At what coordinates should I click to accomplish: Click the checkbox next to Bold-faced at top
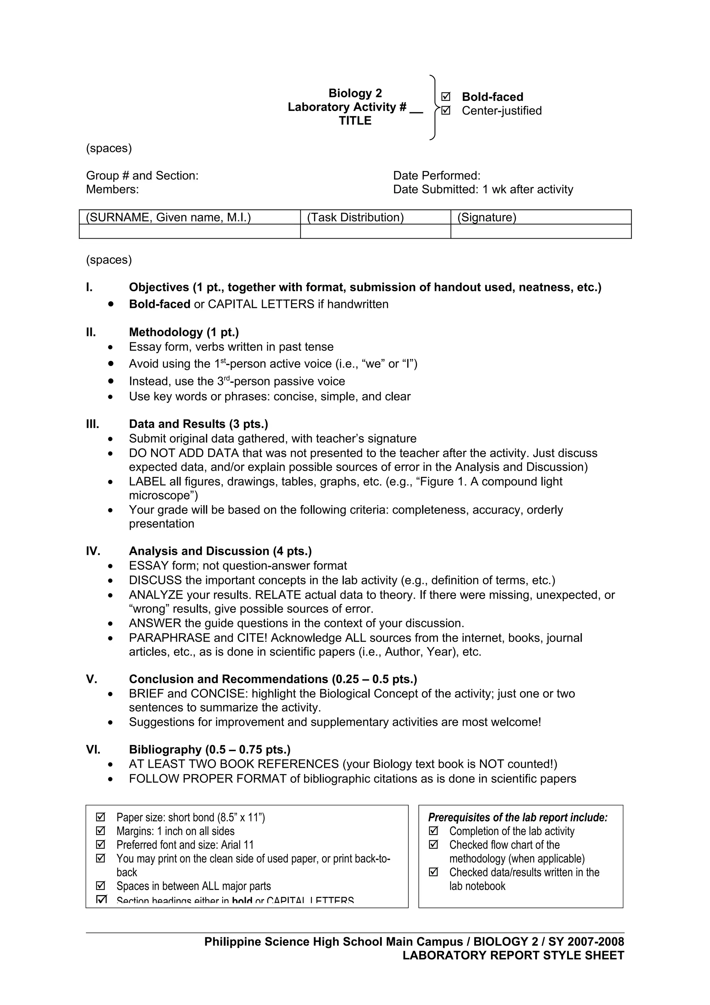click(x=445, y=96)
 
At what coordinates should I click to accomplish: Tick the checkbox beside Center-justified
click(x=445, y=110)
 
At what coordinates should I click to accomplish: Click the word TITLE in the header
click(x=355, y=121)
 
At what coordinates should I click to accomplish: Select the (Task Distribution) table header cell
click(x=355, y=217)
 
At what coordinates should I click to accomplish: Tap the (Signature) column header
click(x=486, y=217)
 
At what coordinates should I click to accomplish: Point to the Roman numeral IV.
click(x=93, y=551)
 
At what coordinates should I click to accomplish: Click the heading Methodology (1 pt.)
click(x=184, y=332)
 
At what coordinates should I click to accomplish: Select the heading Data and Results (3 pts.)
click(x=198, y=424)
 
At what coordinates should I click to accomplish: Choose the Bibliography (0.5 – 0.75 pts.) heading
click(x=209, y=749)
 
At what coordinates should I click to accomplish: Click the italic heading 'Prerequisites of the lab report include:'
click(x=518, y=817)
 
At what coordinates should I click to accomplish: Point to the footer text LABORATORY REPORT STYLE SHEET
click(x=513, y=955)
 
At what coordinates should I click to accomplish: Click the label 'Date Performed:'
click(x=436, y=175)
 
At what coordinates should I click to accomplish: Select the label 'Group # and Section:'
click(x=142, y=175)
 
